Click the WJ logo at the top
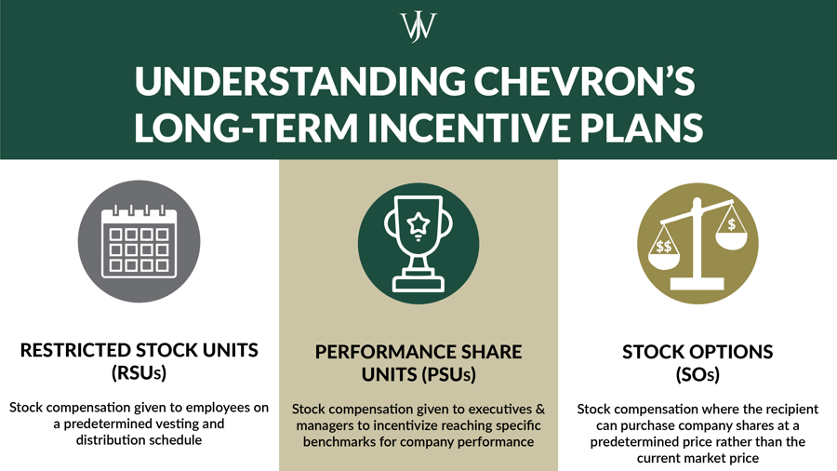[418, 26]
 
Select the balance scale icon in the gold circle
[697, 245]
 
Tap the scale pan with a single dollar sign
[732, 230]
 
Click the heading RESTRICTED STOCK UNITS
[139, 351]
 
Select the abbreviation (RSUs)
[139, 374]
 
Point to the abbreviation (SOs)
[697, 375]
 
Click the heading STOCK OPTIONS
[697, 352]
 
